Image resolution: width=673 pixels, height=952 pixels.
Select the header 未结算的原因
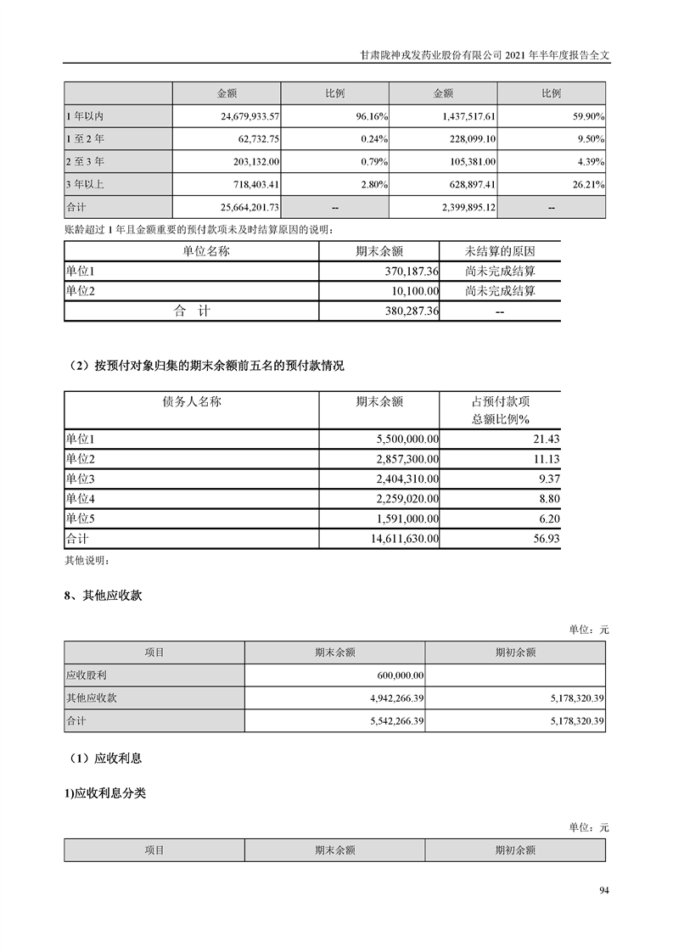tap(500, 251)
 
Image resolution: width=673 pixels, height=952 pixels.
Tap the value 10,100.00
tap(411, 291)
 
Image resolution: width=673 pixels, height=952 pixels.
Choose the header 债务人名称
tap(191, 401)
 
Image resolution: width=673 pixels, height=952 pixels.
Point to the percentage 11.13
tap(543, 458)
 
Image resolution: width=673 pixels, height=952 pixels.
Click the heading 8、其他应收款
tap(104, 596)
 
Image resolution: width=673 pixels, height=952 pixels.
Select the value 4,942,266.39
tap(390, 698)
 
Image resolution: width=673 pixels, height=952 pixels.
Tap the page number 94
tap(603, 890)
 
